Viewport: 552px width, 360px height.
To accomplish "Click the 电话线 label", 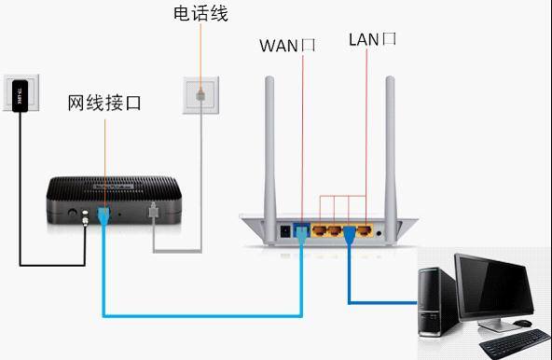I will [200, 13].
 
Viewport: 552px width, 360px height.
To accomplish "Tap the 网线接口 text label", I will [104, 103].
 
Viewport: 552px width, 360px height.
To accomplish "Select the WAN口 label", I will [286, 44].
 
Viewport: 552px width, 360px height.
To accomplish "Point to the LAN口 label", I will [372, 38].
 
